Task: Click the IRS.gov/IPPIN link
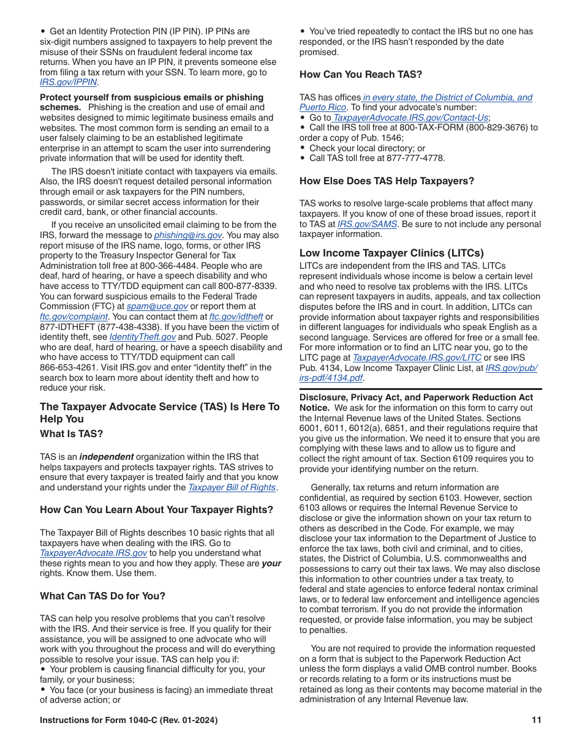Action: [x=68, y=83]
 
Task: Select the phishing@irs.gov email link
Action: [x=187, y=235]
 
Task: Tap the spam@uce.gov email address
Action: [x=157, y=306]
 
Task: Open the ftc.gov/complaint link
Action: [x=74, y=317]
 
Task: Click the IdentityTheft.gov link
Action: [x=142, y=337]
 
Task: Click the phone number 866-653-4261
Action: [x=64, y=367]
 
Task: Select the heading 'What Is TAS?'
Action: [x=72, y=434]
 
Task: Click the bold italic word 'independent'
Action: [x=107, y=457]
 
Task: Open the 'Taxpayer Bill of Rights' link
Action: [x=232, y=487]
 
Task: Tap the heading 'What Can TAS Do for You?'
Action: [x=102, y=596]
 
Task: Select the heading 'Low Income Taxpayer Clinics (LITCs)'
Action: [x=391, y=253]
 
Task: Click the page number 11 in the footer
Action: [x=536, y=721]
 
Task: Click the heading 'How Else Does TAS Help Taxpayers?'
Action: [x=387, y=181]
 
